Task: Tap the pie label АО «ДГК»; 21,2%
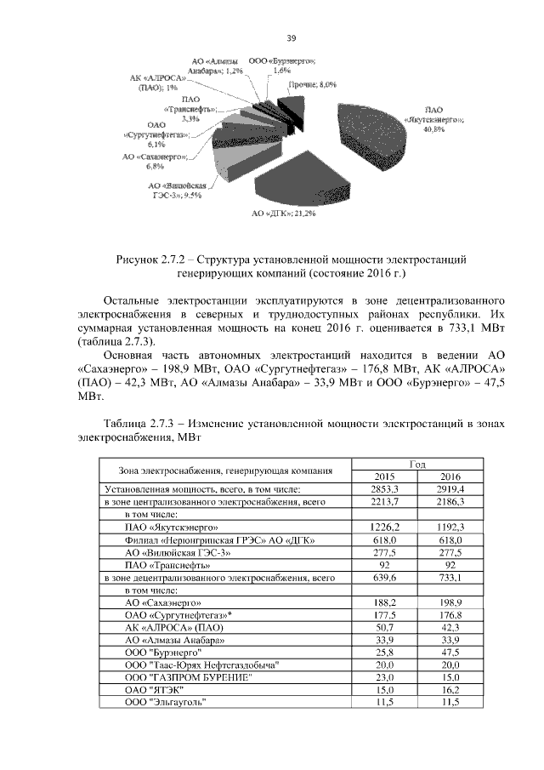[285, 214]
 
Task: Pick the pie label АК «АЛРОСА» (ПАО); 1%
[156, 83]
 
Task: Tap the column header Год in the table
[417, 464]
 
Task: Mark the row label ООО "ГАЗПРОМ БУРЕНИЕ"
[188, 677]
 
